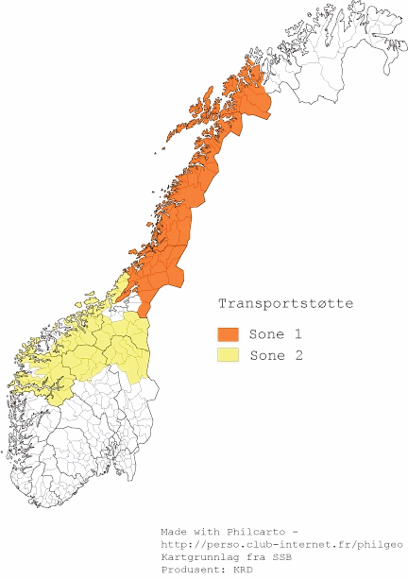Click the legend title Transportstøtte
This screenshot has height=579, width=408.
pyautogui.click(x=286, y=304)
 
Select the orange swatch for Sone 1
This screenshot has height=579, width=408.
pyautogui.click(x=228, y=334)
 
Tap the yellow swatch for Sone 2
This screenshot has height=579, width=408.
pyautogui.click(x=228, y=355)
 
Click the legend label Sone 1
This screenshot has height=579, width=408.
pyautogui.click(x=275, y=334)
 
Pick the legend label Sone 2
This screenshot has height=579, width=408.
pyautogui.click(x=275, y=355)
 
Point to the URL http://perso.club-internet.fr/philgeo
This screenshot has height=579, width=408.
pyautogui.click(x=282, y=544)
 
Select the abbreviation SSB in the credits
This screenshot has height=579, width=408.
pyautogui.click(x=279, y=557)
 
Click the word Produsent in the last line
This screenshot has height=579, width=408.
pyautogui.click(x=191, y=570)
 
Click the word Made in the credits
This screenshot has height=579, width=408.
pyautogui.click(x=174, y=531)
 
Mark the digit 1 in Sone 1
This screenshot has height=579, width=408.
pyautogui.click(x=297, y=334)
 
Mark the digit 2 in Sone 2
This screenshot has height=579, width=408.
pyautogui.click(x=297, y=355)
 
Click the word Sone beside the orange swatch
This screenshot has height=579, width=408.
pyautogui.click(x=265, y=334)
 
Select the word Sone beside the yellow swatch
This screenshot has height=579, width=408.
pyautogui.click(x=265, y=355)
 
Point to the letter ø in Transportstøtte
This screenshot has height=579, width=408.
pyautogui.click(x=316, y=304)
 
